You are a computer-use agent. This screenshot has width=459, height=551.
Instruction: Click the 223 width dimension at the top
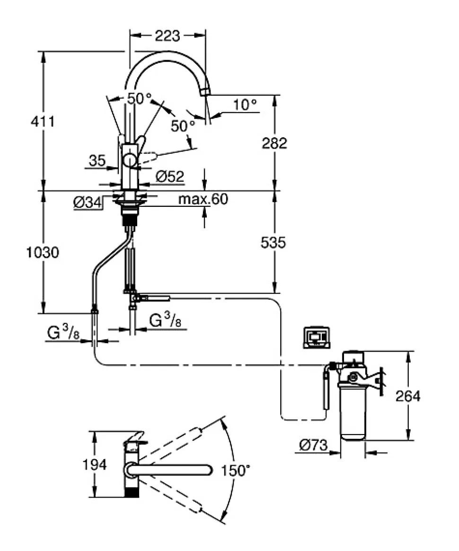pyautogui.click(x=168, y=36)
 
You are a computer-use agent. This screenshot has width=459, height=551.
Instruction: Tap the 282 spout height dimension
pyautogui.click(x=274, y=143)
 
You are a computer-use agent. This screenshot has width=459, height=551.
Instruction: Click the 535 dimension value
pyautogui.click(x=274, y=243)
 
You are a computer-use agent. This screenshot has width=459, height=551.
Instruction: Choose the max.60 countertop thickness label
pyautogui.click(x=203, y=199)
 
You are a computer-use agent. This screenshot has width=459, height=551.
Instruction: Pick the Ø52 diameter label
pyautogui.click(x=169, y=177)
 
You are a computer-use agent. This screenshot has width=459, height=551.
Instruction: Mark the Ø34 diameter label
pyautogui.click(x=88, y=203)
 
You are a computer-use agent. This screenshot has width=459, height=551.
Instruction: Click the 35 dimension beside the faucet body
pyautogui.click(x=97, y=161)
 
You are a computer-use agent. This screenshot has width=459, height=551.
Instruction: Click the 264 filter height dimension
pyautogui.click(x=407, y=396)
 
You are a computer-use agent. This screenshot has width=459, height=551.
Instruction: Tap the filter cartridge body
pyautogui.click(x=353, y=412)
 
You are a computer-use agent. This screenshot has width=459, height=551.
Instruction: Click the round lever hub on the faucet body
pyautogui.click(x=129, y=161)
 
